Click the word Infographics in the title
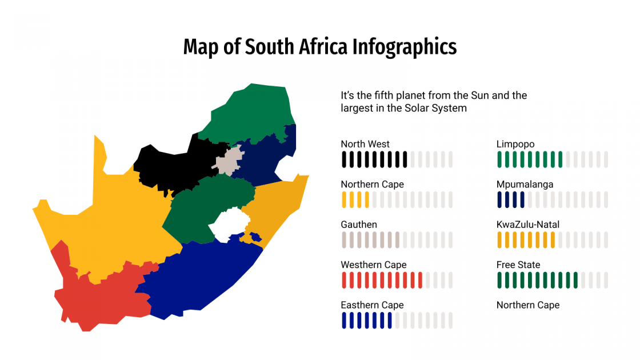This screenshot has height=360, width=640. click(x=403, y=47)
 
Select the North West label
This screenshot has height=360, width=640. click(x=365, y=144)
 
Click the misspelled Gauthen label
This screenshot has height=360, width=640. click(x=359, y=225)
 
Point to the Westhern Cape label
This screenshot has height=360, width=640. click(x=374, y=265)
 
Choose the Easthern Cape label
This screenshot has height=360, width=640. click(x=372, y=305)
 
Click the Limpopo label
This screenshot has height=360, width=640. click(x=515, y=144)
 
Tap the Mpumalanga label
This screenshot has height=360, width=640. click(x=525, y=184)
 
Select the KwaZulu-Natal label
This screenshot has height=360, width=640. click(x=528, y=225)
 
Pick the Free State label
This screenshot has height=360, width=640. click(x=518, y=265)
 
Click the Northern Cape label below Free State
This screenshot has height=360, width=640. click(x=528, y=305)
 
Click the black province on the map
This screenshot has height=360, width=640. click(x=171, y=166)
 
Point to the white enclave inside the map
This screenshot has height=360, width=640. click(x=226, y=224)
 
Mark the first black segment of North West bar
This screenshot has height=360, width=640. click(x=344, y=159)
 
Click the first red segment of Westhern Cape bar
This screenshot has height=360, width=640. click(x=344, y=280)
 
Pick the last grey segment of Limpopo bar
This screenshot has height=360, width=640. click(x=606, y=159)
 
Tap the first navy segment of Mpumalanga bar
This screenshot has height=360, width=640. click(x=499, y=199)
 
